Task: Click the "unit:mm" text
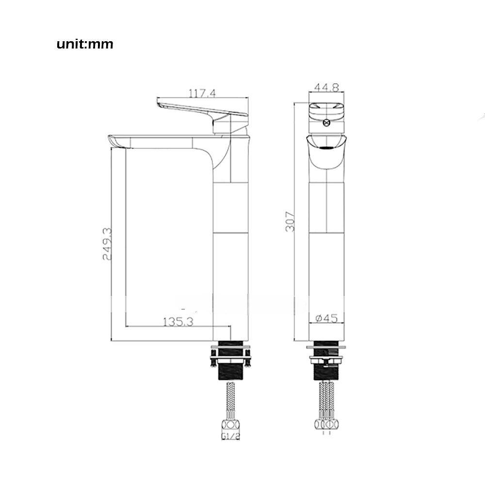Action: (85, 44)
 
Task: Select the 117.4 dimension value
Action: (202, 93)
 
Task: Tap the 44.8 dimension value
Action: (326, 87)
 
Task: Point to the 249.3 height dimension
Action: (107, 244)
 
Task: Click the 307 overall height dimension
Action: (290, 221)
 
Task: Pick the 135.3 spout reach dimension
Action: (178, 322)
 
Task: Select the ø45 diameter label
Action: (326, 318)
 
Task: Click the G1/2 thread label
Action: (231, 436)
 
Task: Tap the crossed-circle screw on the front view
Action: (326, 123)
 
